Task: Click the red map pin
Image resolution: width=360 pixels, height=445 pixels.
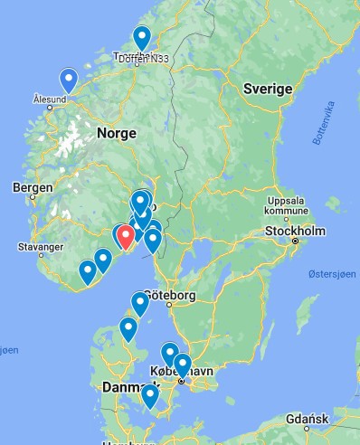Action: coord(127,235)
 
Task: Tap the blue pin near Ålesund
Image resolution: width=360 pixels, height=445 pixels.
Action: coord(68,80)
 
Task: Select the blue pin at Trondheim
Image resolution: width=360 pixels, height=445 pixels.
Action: coord(142,38)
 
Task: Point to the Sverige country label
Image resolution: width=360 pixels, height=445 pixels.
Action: coord(268,89)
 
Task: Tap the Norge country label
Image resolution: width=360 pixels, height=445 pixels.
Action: coord(116,133)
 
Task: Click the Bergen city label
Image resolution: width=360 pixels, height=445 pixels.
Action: coord(27,187)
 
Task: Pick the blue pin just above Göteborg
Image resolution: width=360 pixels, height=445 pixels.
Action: coord(139,303)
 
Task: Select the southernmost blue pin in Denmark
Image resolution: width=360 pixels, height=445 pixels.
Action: coord(150,395)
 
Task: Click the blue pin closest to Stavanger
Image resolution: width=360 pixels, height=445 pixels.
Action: coord(88,270)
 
